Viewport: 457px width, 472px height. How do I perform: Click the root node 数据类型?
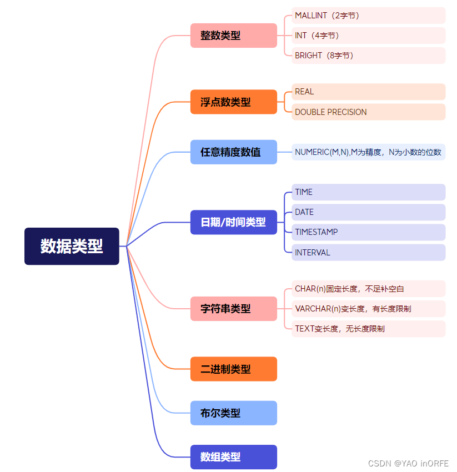(72, 246)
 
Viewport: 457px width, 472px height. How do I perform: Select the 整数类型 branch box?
(233, 36)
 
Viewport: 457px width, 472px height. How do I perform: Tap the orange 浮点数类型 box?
(233, 102)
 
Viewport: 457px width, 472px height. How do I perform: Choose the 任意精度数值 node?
(233, 152)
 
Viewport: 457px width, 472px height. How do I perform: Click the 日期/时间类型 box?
(233, 222)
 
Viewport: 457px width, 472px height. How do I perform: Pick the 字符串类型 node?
(233, 308)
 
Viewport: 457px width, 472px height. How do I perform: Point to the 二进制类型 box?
(233, 369)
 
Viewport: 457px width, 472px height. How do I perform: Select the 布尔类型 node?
(233, 413)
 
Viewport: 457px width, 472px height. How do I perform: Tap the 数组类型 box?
(233, 457)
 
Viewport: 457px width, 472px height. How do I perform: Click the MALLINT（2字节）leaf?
(368, 16)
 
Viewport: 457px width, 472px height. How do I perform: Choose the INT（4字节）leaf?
(368, 36)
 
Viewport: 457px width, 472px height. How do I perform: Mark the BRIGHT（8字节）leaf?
(368, 56)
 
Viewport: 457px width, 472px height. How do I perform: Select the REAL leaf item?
(368, 92)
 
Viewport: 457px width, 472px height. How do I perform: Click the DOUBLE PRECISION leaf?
(368, 112)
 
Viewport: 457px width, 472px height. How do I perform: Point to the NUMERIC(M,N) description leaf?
(368, 152)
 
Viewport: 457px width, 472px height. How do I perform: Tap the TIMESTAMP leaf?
(368, 232)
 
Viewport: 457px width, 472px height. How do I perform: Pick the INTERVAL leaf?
(368, 252)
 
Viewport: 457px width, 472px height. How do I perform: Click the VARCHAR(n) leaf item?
(368, 309)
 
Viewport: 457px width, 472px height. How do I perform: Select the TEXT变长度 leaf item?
(368, 329)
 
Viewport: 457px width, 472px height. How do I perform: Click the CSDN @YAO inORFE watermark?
(409, 463)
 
